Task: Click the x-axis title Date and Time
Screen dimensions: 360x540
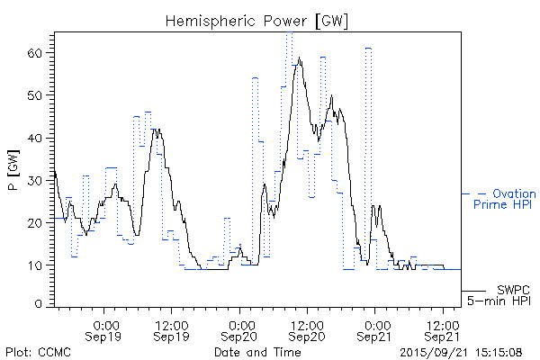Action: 257,352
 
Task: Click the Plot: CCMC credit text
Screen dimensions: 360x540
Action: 37,352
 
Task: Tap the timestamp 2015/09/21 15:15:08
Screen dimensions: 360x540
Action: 461,352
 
